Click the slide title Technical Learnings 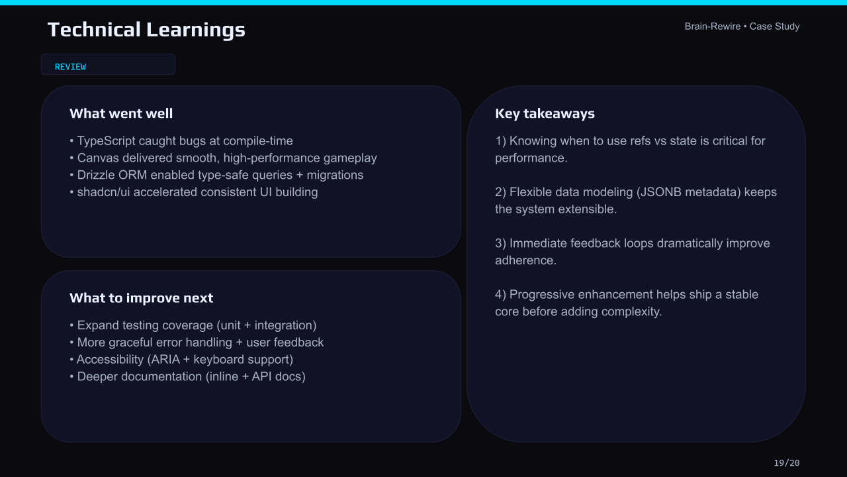pyautogui.click(x=146, y=30)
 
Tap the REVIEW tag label pyautogui.click(x=70, y=67)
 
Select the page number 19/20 pyautogui.click(x=786, y=463)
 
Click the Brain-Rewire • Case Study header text pyautogui.click(x=742, y=26)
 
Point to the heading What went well pyautogui.click(x=121, y=113)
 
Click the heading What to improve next pyautogui.click(x=141, y=298)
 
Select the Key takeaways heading pyautogui.click(x=545, y=113)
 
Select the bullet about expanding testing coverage pyautogui.click(x=193, y=325)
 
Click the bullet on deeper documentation pyautogui.click(x=188, y=376)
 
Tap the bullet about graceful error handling pyautogui.click(x=197, y=343)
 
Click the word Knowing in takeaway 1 pyautogui.click(x=533, y=140)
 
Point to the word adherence pyautogui.click(x=525, y=260)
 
